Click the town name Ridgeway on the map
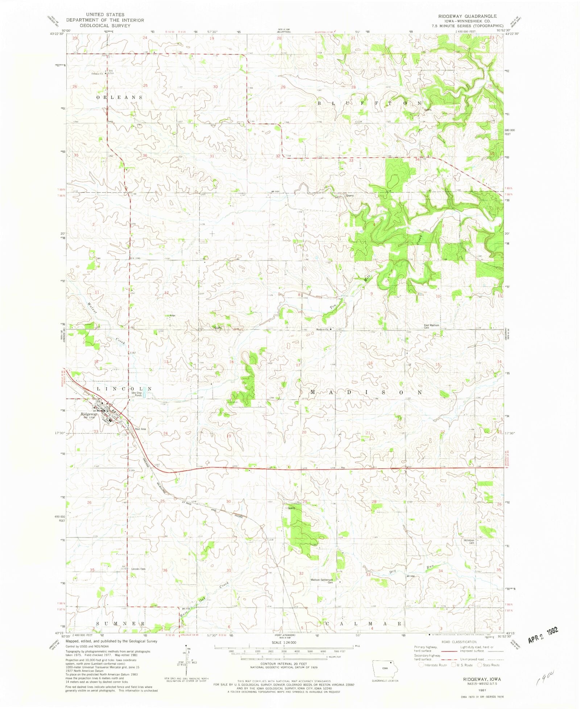point(89,414)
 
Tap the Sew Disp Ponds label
point(137,394)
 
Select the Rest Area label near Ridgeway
point(140,429)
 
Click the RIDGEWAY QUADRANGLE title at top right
point(467,16)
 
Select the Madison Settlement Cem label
point(321,581)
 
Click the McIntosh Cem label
point(469,541)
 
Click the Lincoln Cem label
point(138,569)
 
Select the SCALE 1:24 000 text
point(283,642)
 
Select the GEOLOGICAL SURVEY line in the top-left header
point(105,25)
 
